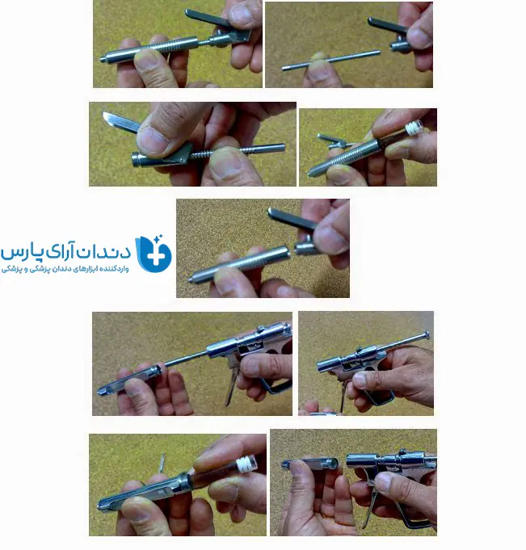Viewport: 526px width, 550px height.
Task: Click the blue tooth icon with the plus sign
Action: [x=154, y=254]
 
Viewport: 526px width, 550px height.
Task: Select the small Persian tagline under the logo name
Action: [x=65, y=269]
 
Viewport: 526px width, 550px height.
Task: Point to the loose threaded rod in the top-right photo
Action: [x=331, y=60]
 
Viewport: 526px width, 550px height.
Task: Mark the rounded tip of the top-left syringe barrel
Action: [x=102, y=60]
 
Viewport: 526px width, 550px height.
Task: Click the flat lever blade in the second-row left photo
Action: [x=120, y=122]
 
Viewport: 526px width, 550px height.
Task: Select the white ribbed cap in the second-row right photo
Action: [x=414, y=128]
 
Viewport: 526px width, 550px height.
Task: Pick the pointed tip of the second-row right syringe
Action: [x=309, y=173]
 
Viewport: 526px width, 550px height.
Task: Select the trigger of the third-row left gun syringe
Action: [x=232, y=386]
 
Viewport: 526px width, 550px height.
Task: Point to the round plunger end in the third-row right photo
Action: [x=427, y=334]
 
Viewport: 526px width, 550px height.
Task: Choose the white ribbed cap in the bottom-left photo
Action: [x=246, y=464]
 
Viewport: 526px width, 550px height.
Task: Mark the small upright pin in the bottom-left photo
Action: [x=162, y=463]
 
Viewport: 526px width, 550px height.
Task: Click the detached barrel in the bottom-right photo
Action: [x=310, y=464]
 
